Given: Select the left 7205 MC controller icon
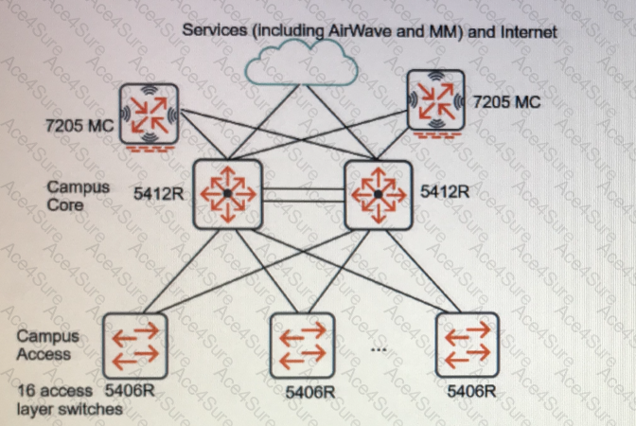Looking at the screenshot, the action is [149, 115].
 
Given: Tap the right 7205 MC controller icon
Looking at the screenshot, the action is [436, 101].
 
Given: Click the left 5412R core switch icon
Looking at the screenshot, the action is [227, 194].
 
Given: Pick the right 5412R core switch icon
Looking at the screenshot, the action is [379, 195].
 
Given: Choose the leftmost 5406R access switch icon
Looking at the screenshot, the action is [135, 346].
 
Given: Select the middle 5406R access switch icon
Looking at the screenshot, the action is [302, 346].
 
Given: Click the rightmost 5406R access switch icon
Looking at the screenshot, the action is [468, 345].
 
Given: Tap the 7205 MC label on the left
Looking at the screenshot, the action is [79, 125].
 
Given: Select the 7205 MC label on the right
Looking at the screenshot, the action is [507, 101].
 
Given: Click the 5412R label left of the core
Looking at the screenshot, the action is [159, 193].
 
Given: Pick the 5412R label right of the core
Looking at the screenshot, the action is [445, 191].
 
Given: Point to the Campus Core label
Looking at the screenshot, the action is [78, 196].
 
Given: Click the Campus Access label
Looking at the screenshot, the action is [48, 345].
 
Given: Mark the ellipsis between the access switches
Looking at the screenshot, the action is [378, 349].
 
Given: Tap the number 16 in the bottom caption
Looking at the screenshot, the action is [26, 391].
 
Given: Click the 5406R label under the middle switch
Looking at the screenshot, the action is [310, 392].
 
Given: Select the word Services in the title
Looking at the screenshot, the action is [215, 30].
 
